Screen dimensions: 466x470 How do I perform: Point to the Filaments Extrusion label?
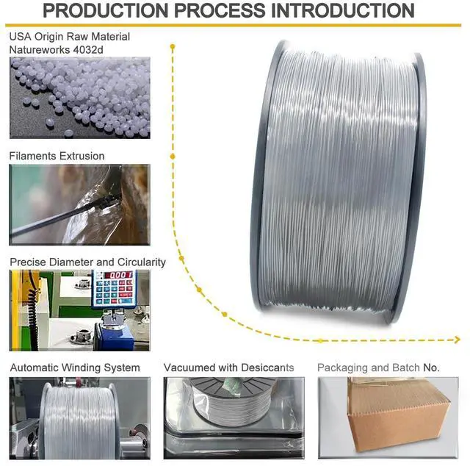(x=57, y=156)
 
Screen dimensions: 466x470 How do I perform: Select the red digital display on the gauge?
(x=115, y=276)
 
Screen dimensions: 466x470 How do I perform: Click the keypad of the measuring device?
(x=111, y=293)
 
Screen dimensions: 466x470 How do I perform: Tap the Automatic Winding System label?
(x=74, y=368)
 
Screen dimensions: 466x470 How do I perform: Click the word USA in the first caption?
(x=20, y=37)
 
